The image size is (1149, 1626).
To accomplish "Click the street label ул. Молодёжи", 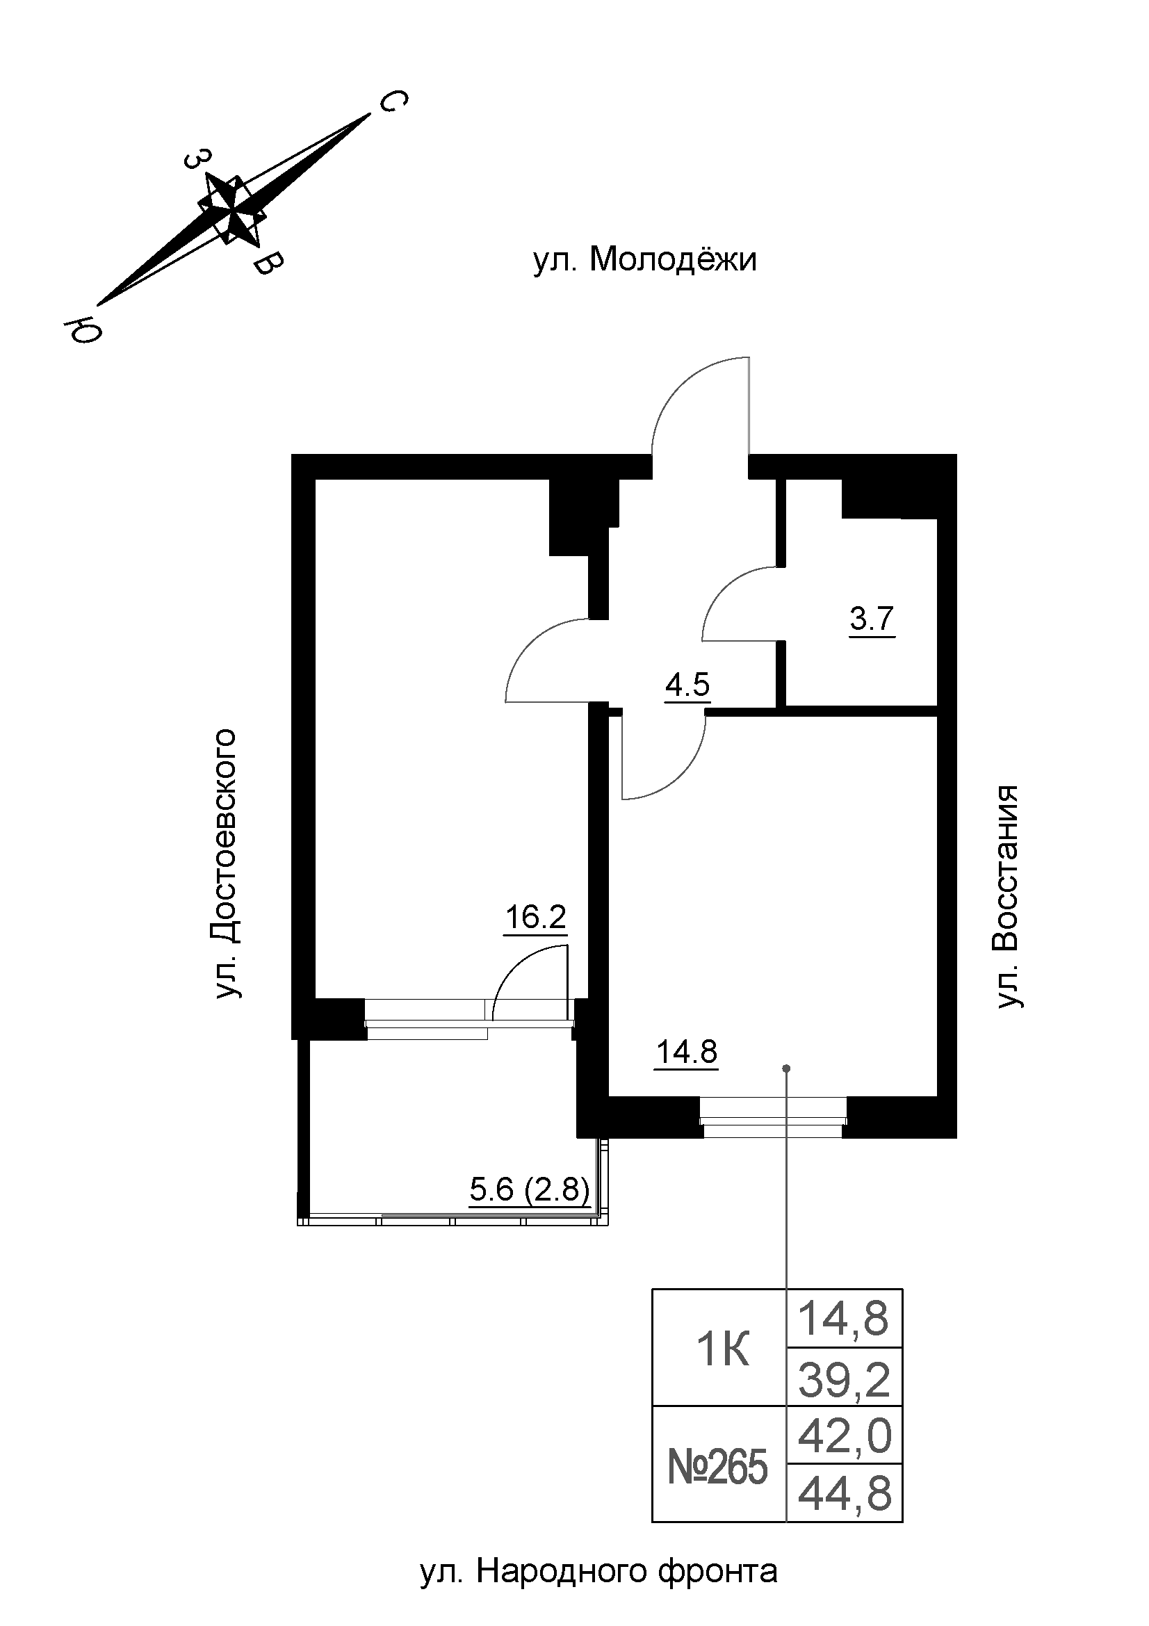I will pyautogui.click(x=644, y=261).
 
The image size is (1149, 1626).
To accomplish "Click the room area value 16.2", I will pyautogui.click(x=535, y=918).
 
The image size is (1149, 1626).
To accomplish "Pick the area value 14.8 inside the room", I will pyautogui.click(x=687, y=1053).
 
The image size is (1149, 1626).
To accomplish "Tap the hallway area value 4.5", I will pyautogui.click(x=687, y=685).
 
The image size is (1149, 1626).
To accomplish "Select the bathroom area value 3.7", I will pyautogui.click(x=872, y=619).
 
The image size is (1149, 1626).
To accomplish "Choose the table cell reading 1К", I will pyautogui.click(x=723, y=1352).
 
